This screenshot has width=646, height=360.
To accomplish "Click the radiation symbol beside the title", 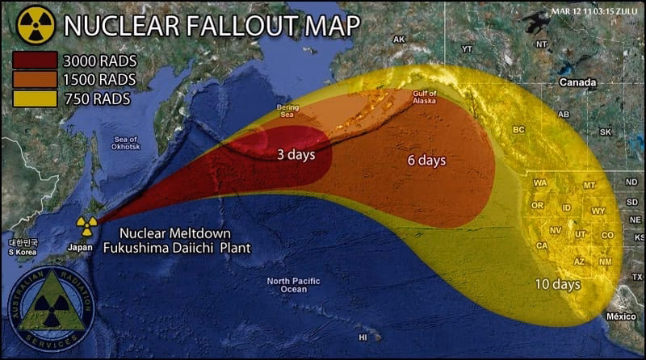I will click(36, 24).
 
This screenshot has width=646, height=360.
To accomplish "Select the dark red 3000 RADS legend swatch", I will click(35, 61).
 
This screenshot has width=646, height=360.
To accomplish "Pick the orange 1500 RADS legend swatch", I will click(35, 79).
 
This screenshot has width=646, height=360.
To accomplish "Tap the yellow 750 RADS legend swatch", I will click(35, 98).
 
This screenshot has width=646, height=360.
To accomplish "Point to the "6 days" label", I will click(426, 161).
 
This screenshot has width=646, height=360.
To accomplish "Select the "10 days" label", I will click(556, 284).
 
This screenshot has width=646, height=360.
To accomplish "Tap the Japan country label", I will click(80, 247).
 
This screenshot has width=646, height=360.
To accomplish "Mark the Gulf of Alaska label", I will click(424, 96).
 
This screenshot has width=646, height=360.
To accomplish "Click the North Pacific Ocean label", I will click(293, 285).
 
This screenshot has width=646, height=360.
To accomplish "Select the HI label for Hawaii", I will click(364, 337).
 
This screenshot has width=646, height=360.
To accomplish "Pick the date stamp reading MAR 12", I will click(594, 10).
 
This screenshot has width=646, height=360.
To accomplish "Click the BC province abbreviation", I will click(519, 129).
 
